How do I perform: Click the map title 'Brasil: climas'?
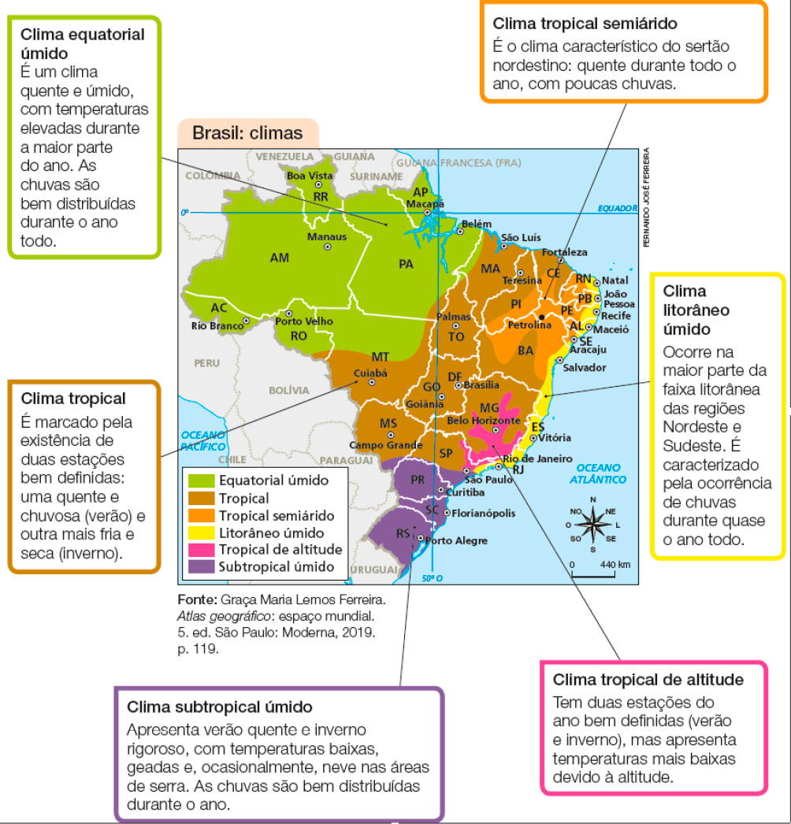[x=247, y=133]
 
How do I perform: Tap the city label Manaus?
[x=326, y=236]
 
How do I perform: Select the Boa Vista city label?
[x=310, y=175]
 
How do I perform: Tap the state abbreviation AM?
[x=279, y=258]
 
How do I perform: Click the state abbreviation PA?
[x=406, y=264]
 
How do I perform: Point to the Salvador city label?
[x=584, y=368]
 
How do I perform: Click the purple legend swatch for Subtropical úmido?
[x=200, y=566]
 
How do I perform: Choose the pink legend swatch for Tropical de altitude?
[x=200, y=549]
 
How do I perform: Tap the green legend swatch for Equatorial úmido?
[x=200, y=480]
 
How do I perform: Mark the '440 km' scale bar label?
[x=615, y=565]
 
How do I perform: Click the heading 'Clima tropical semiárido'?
[x=585, y=24]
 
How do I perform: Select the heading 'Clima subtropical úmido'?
[x=220, y=707]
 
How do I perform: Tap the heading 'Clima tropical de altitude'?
[x=648, y=680]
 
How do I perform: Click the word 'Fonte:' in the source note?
[x=198, y=598]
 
